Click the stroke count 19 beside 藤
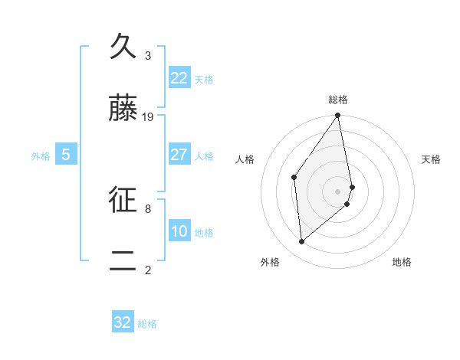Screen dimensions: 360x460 click(148, 117)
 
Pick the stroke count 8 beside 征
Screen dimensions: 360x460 click(148, 208)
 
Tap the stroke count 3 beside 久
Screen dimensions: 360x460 click(148, 56)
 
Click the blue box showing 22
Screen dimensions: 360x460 click(179, 78)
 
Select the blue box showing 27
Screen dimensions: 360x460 click(179, 155)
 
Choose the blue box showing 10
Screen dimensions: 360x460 click(179, 231)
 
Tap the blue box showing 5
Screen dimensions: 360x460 click(66, 155)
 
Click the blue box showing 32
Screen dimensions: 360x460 click(123, 322)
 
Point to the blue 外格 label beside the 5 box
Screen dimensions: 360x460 click(41, 156)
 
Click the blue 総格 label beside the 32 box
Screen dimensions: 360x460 click(147, 324)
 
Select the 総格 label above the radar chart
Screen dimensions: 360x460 click(338, 100)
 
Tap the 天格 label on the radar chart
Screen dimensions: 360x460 click(432, 159)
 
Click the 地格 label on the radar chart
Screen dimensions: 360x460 click(402, 262)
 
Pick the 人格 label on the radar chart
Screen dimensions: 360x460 click(245, 159)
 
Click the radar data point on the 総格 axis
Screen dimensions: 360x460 click(338, 116)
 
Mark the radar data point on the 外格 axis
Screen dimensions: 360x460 click(302, 241)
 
